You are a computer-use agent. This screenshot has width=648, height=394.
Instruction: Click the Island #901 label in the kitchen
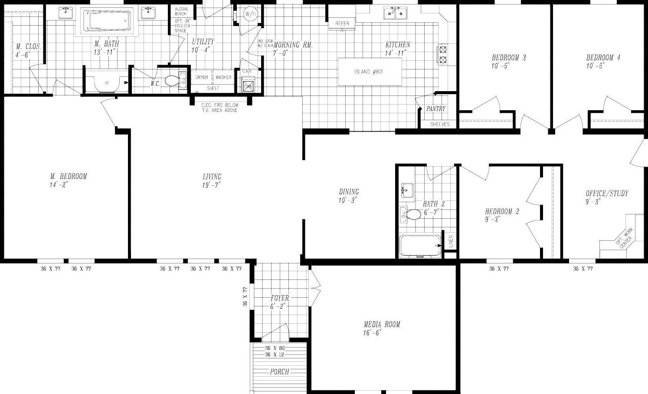369,72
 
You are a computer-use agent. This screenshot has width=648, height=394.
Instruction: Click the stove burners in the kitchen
443,55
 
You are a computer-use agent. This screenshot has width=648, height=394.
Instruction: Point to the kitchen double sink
395,13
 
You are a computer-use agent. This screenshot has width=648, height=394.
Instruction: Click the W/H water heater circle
250,14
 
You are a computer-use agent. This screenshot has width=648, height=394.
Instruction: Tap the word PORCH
279,372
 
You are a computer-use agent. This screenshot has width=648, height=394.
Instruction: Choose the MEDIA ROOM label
382,324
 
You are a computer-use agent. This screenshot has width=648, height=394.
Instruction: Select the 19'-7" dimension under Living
212,185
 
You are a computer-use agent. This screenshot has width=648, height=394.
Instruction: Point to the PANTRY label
435,109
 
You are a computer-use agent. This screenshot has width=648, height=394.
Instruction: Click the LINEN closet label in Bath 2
451,241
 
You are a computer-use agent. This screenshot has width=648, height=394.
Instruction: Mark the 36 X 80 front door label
274,348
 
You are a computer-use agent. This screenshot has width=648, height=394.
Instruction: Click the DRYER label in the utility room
202,77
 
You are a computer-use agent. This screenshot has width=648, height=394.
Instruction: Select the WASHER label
223,77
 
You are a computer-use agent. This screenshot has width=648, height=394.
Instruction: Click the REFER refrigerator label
342,24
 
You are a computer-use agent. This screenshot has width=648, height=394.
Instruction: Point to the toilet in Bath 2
412,214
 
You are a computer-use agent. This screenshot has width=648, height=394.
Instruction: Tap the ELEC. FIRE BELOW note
219,105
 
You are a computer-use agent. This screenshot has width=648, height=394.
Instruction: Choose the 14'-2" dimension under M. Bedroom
59,184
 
